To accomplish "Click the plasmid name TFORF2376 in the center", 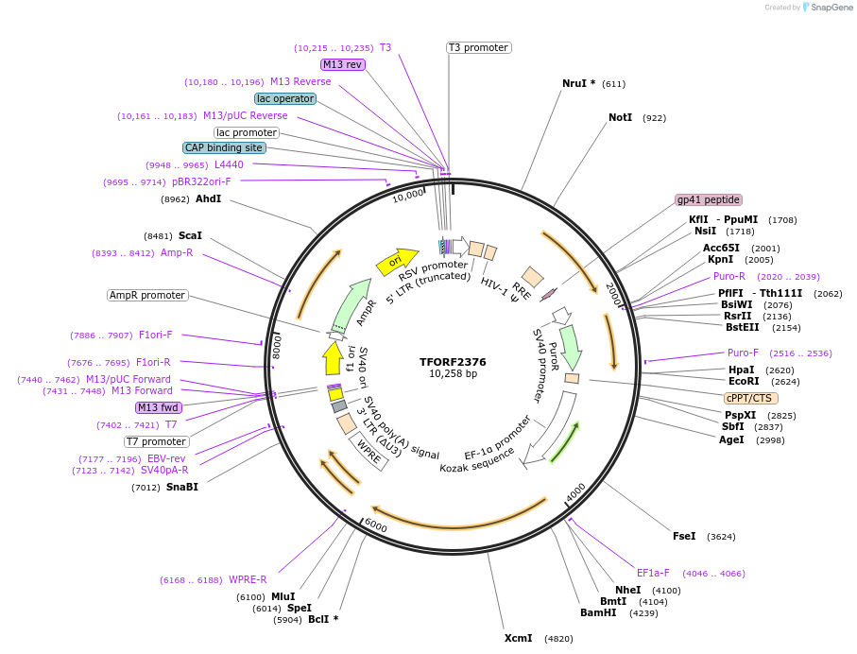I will tap(453, 361).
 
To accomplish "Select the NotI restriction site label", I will tap(620, 118).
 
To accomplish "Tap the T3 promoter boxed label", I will tap(478, 47).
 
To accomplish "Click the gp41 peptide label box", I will tap(709, 199).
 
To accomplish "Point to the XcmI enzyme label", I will tap(518, 638).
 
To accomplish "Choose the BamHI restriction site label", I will tap(598, 612).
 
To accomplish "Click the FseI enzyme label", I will tap(684, 536).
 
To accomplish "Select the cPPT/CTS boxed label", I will tap(751, 398).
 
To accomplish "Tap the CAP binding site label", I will tap(224, 147).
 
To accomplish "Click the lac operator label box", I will tap(285, 98).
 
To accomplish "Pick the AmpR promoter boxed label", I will tap(147, 295).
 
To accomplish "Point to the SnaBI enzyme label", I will tap(182, 487).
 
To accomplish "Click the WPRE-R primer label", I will tap(248, 579).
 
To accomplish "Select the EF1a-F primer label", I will tap(653, 573).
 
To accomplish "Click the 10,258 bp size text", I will tap(453, 374).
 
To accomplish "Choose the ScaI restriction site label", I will tap(190, 235).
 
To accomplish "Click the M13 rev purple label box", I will tap(342, 64).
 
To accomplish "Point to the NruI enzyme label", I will tap(578, 83).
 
